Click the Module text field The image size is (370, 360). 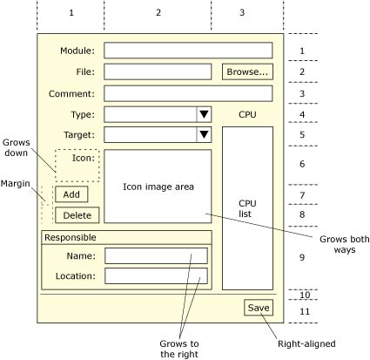(187, 51)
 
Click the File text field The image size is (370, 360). (158, 71)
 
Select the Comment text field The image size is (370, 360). (187, 93)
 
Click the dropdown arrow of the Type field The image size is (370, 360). (204, 114)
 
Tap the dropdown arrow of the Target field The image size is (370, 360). (204, 134)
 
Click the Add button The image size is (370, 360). (71, 194)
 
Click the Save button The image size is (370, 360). (259, 308)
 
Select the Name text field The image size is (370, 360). (156, 255)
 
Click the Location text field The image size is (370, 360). (156, 275)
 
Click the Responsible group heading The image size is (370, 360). (71, 237)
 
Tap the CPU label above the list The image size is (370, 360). (247, 114)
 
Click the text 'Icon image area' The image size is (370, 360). (158, 186)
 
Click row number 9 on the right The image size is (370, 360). (302, 258)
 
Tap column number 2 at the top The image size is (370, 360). (158, 13)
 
